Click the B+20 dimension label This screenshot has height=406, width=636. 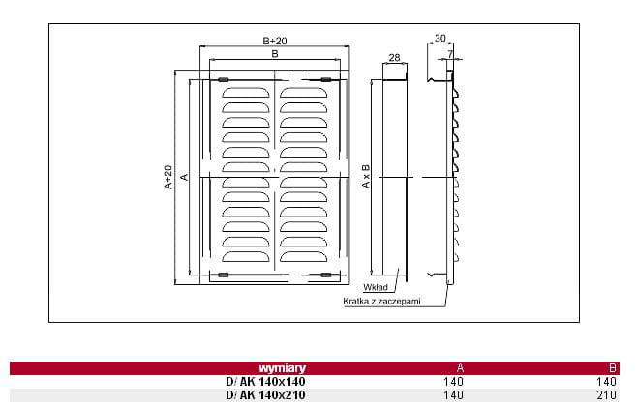[275, 41]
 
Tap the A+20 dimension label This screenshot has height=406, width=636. [168, 177]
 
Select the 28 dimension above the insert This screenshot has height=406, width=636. [394, 58]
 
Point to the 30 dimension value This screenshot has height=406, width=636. [440, 38]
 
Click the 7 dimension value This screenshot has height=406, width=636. [450, 54]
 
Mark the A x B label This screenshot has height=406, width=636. [366, 176]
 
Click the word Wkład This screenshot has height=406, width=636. [376, 287]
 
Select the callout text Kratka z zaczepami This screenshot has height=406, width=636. [381, 301]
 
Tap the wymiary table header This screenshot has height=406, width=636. [283, 368]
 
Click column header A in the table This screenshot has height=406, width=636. [460, 368]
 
